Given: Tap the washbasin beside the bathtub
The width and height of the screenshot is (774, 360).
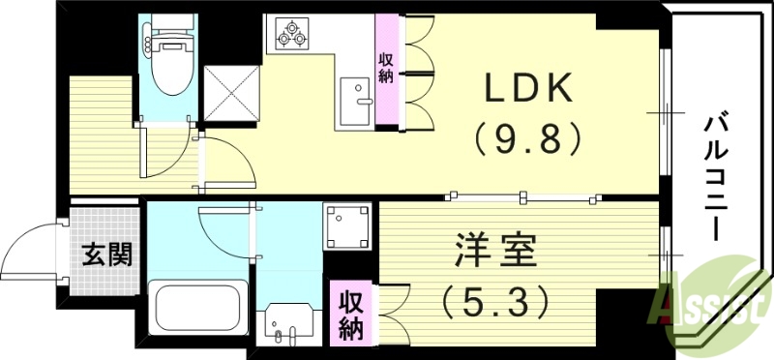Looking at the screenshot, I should (287, 321).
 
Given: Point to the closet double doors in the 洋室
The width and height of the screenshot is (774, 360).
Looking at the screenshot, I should (392, 313).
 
